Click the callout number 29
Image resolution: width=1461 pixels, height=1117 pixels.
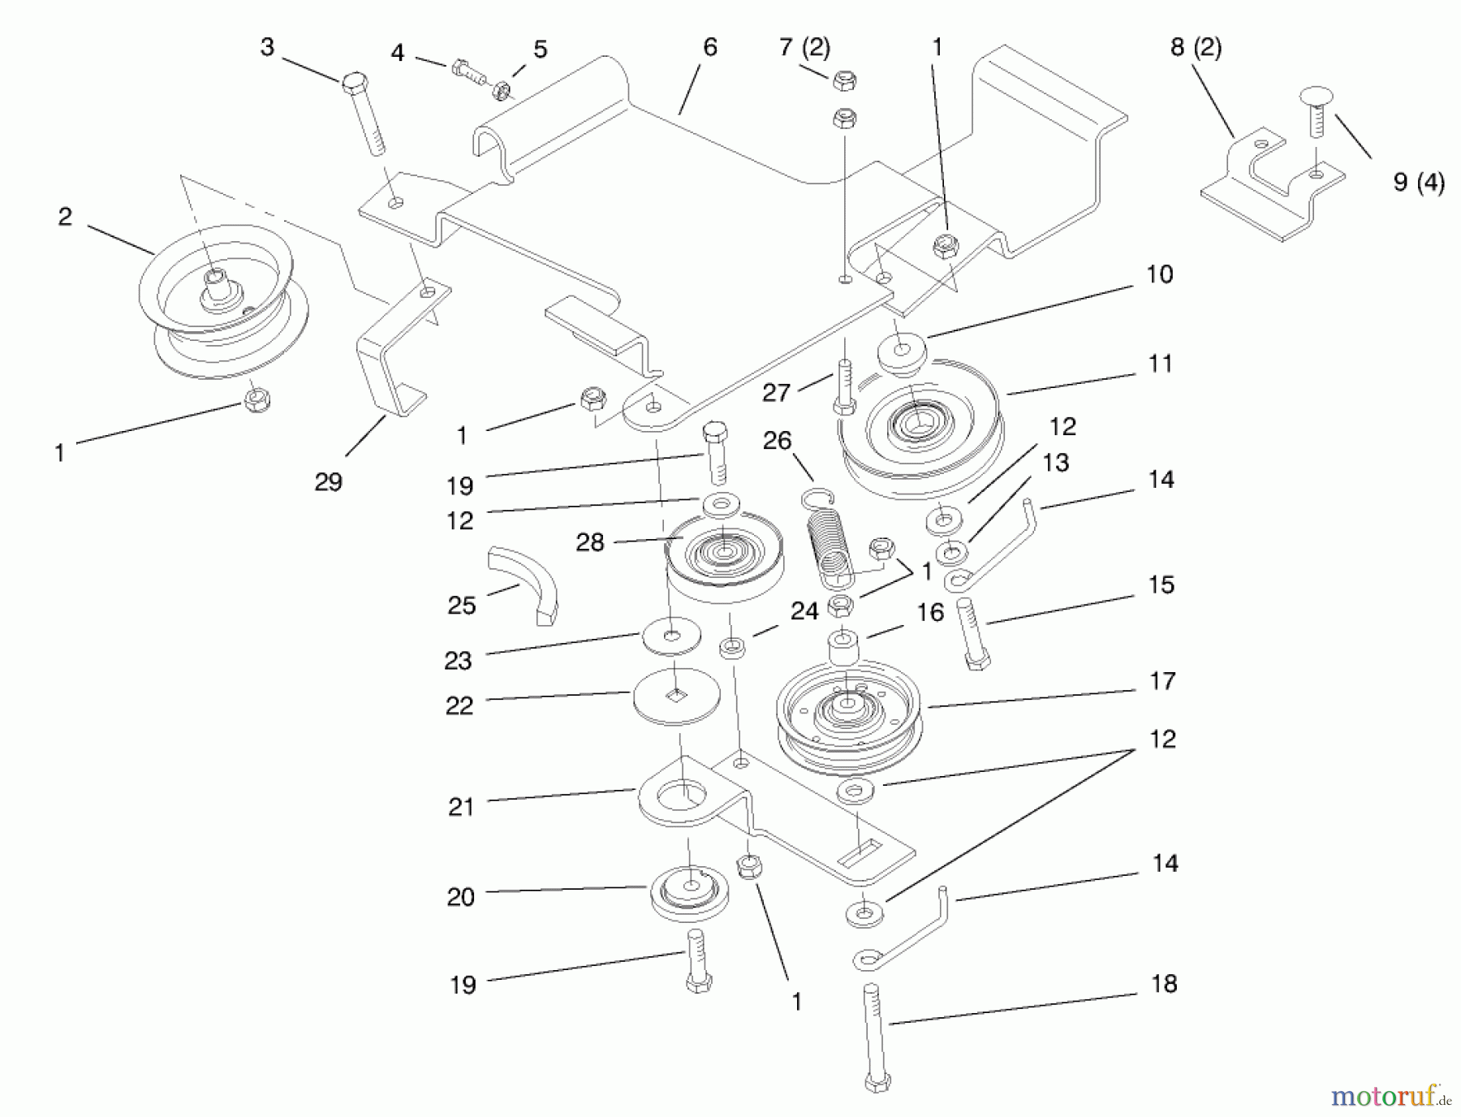[329, 482]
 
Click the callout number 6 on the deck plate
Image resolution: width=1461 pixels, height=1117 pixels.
[710, 48]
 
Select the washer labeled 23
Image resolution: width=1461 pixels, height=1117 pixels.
[672, 636]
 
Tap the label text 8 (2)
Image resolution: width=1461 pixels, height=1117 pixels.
[1196, 48]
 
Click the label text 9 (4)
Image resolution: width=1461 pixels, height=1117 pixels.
[1419, 183]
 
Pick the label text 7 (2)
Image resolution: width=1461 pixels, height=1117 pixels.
[804, 48]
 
